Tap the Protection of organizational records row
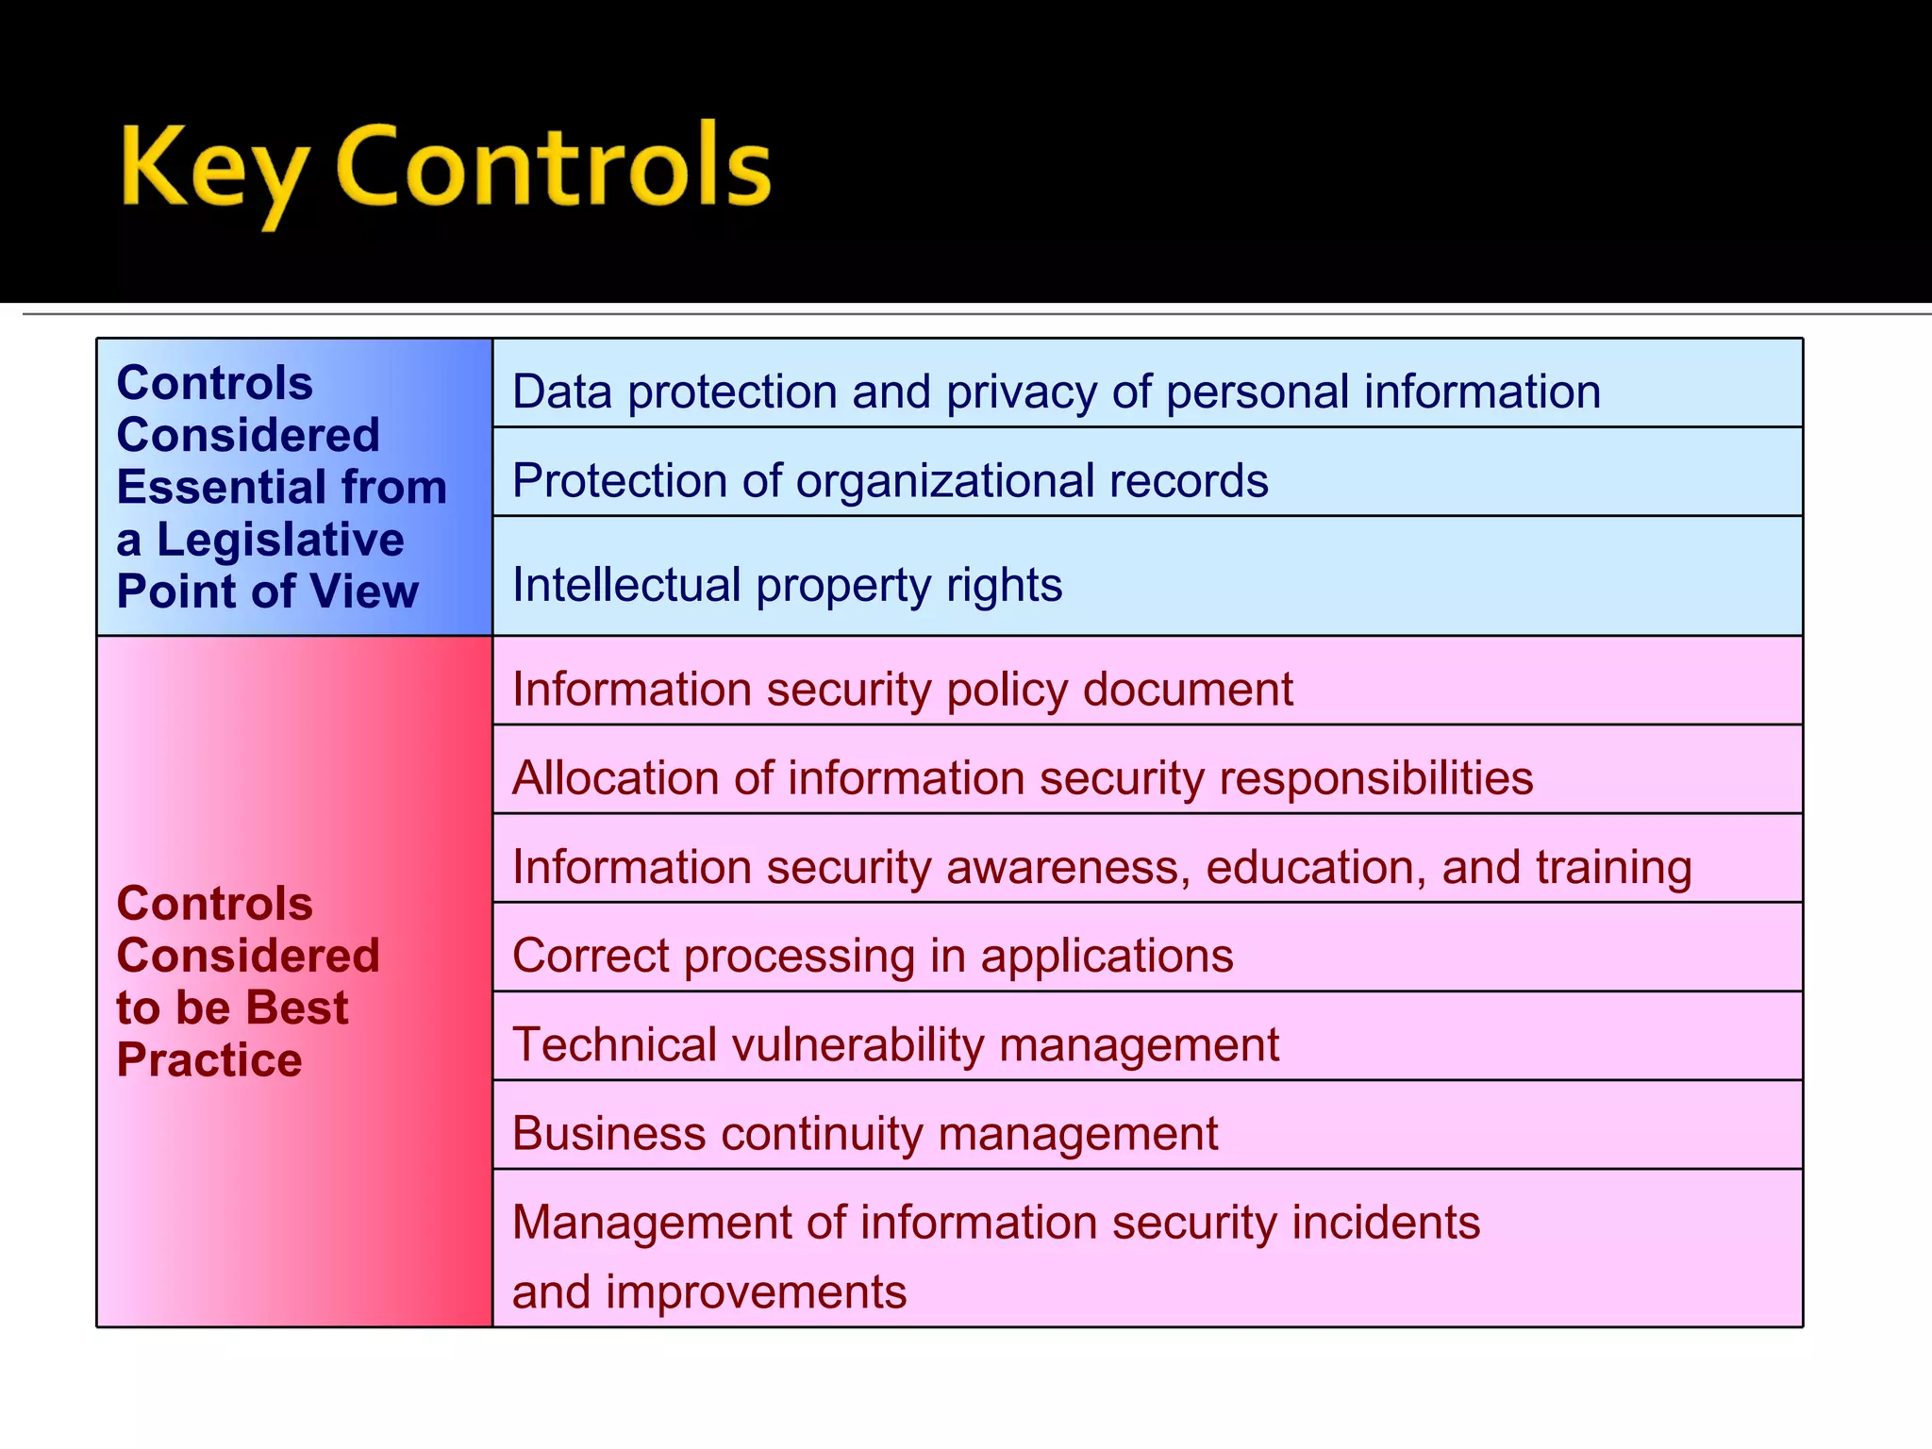[890, 480]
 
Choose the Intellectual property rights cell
[787, 584]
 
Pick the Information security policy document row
[902, 689]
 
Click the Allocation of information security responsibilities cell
[1022, 778]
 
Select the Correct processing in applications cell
[872, 956]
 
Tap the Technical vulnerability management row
[895, 1045]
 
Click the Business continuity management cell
[864, 1133]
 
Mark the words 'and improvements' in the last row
[708, 1291]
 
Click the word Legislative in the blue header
[279, 540]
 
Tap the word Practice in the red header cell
[208, 1060]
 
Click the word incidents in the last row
[1385, 1223]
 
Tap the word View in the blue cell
[364, 591]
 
